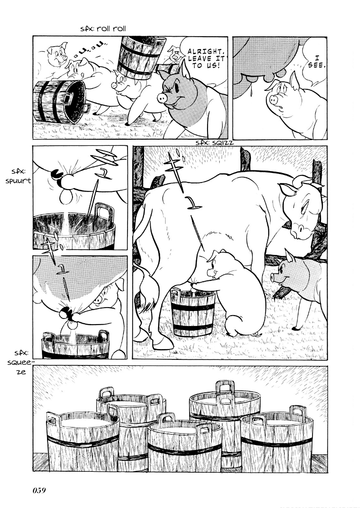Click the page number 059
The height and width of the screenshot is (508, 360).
39,490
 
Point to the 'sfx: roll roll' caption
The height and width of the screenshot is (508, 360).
103,29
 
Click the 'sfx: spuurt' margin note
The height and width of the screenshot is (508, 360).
18,177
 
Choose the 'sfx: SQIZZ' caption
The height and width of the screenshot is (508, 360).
215,143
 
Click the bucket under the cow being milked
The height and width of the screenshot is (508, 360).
192,312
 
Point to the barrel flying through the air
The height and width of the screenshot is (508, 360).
140,57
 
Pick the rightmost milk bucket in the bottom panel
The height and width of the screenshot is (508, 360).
277,438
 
